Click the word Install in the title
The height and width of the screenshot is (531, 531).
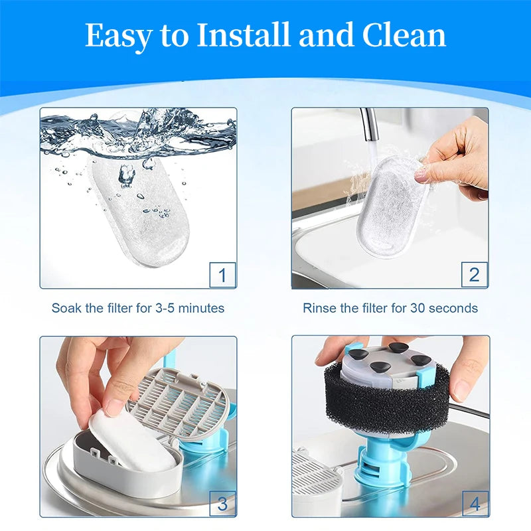[x=243, y=35]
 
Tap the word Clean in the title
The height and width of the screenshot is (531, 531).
[x=404, y=35]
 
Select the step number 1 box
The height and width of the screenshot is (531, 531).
[x=222, y=275]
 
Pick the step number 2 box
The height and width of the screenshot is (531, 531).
[x=475, y=274]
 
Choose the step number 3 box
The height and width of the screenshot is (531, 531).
[x=222, y=504]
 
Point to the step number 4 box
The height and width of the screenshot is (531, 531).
[x=475, y=504]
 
